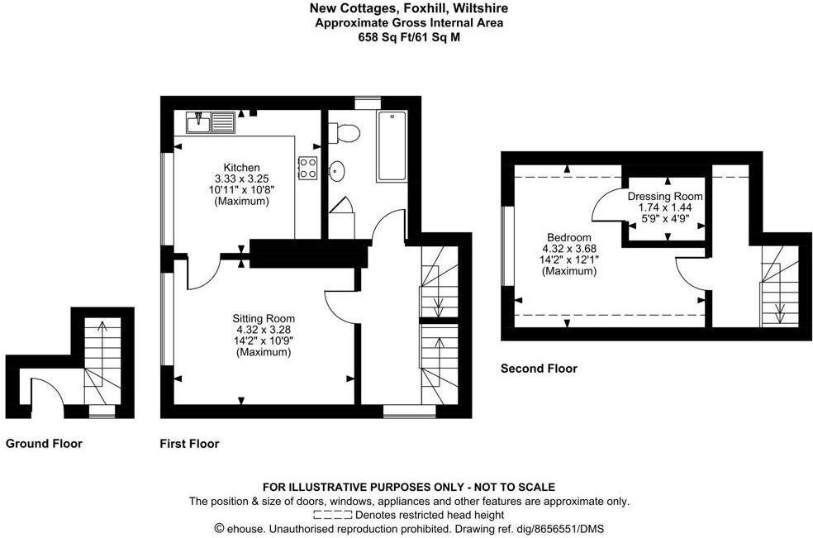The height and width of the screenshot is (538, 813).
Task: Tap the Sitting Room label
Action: pos(263,318)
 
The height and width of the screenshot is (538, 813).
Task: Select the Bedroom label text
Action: pos(568,237)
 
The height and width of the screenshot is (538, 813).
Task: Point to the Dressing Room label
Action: pos(665,197)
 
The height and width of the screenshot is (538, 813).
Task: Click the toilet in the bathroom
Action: pos(344,132)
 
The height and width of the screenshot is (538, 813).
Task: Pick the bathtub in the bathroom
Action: pos(392,146)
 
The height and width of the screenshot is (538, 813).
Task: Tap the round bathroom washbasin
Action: pos(338,172)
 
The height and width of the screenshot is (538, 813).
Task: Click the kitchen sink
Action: pos(209,124)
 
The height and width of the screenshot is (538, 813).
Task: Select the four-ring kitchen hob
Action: pos(308,168)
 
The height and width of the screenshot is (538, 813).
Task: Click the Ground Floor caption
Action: pos(44,444)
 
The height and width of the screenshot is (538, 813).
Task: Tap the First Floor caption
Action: pos(189,444)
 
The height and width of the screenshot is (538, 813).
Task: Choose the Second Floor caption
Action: pos(539,369)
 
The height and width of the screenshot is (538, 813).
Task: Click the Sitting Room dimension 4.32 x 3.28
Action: pos(263,330)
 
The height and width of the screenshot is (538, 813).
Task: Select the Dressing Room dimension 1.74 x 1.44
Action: pos(665,208)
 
